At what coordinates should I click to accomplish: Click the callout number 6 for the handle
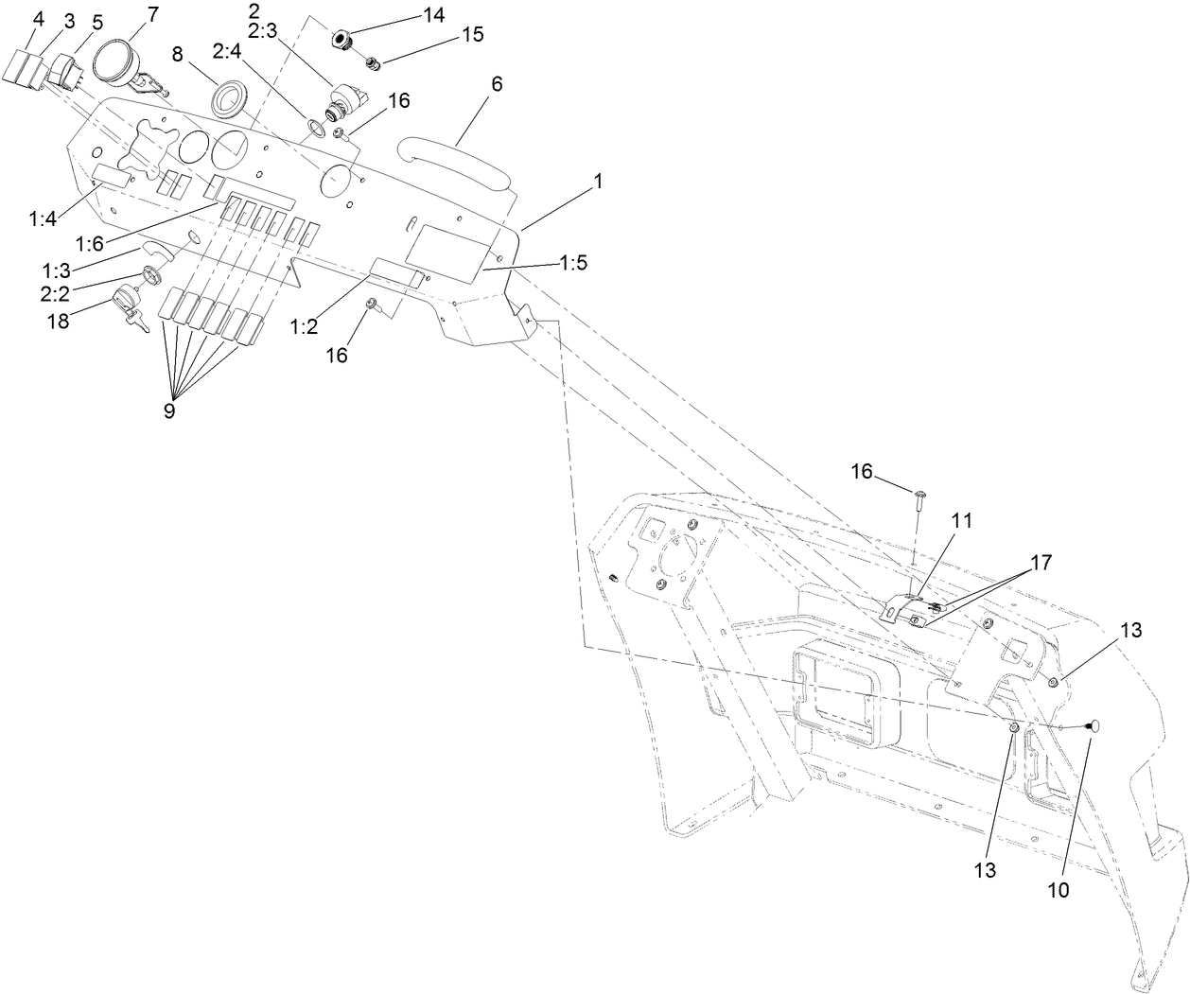point(497,83)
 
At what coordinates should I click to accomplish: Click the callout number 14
point(434,14)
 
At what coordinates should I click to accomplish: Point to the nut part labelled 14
point(342,40)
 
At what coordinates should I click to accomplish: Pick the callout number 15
point(472,35)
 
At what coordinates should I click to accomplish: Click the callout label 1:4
point(44,194)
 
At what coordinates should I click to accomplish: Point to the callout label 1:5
point(572,263)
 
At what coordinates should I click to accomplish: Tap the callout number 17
point(1041,561)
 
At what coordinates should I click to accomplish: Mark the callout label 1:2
point(303,327)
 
